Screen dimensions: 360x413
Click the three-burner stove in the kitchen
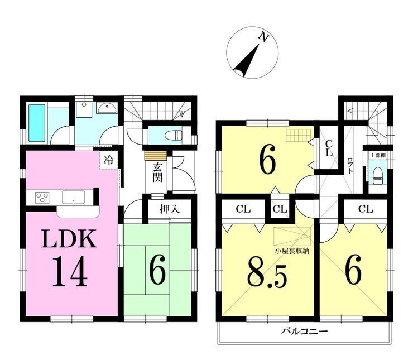tap(42, 198)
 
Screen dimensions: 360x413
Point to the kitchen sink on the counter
tap(73, 197)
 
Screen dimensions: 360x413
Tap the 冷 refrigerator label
tap(109, 160)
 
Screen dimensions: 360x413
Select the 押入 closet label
tap(169, 210)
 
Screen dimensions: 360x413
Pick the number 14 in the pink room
tap(70, 274)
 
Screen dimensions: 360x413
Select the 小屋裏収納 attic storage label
tap(292, 251)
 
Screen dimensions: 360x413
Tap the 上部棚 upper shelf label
tap(378, 156)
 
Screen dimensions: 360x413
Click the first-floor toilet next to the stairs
tap(174, 135)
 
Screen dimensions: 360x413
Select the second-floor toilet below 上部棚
tap(377, 175)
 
